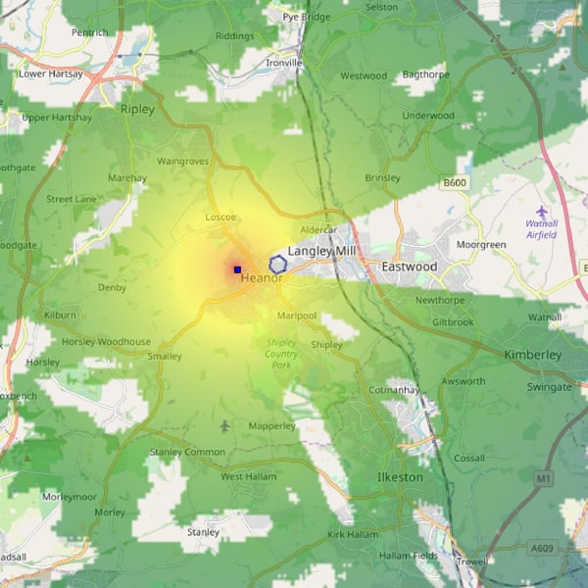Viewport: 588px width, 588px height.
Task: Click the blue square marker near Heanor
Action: pyautogui.click(x=237, y=269)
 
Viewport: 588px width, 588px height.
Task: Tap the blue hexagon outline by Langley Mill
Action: pyautogui.click(x=278, y=263)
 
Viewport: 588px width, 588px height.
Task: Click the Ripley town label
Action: pyautogui.click(x=137, y=110)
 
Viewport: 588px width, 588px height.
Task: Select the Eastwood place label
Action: pyautogui.click(x=410, y=267)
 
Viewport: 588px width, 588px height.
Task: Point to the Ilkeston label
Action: pyautogui.click(x=400, y=477)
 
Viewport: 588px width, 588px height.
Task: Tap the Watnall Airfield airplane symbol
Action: pyautogui.click(x=542, y=211)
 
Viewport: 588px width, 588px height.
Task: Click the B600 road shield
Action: pyautogui.click(x=455, y=183)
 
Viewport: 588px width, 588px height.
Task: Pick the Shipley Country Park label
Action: pyautogui.click(x=281, y=353)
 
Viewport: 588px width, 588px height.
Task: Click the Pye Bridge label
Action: pyautogui.click(x=307, y=18)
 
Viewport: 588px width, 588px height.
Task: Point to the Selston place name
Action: pyautogui.click(x=381, y=7)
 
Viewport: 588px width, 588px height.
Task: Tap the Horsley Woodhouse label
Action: pyautogui.click(x=107, y=342)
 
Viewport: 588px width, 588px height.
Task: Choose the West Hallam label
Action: pyautogui.click(x=245, y=476)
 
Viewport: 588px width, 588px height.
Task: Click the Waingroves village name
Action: pyautogui.click(x=183, y=161)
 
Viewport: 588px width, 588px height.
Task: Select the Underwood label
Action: pyautogui.click(x=428, y=116)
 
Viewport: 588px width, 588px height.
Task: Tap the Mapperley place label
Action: pyautogui.click(x=271, y=426)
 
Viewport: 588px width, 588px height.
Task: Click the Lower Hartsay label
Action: pyautogui.click(x=51, y=73)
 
